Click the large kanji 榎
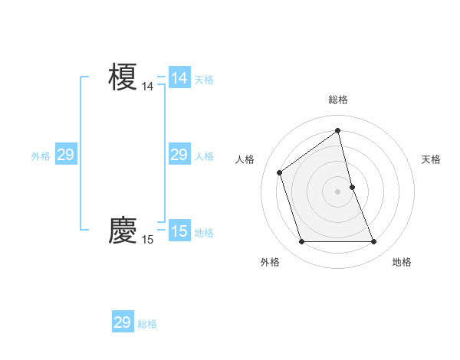[123, 77]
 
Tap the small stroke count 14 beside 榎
[147, 87]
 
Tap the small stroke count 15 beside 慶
[147, 241]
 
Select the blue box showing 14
[179, 78]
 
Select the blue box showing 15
[179, 231]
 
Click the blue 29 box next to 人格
[179, 155]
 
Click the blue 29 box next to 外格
[66, 155]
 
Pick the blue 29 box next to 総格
[123, 322]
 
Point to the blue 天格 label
[204, 80]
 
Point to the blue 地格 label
[204, 233]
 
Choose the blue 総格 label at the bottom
[147, 324]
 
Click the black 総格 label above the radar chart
[337, 100]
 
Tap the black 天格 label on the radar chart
[431, 159]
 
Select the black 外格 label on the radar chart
[270, 262]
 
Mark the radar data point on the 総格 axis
[337, 130]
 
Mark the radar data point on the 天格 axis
[352, 187]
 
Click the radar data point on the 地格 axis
[374, 242]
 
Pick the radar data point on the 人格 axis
[280, 172]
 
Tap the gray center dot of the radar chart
[337, 191]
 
